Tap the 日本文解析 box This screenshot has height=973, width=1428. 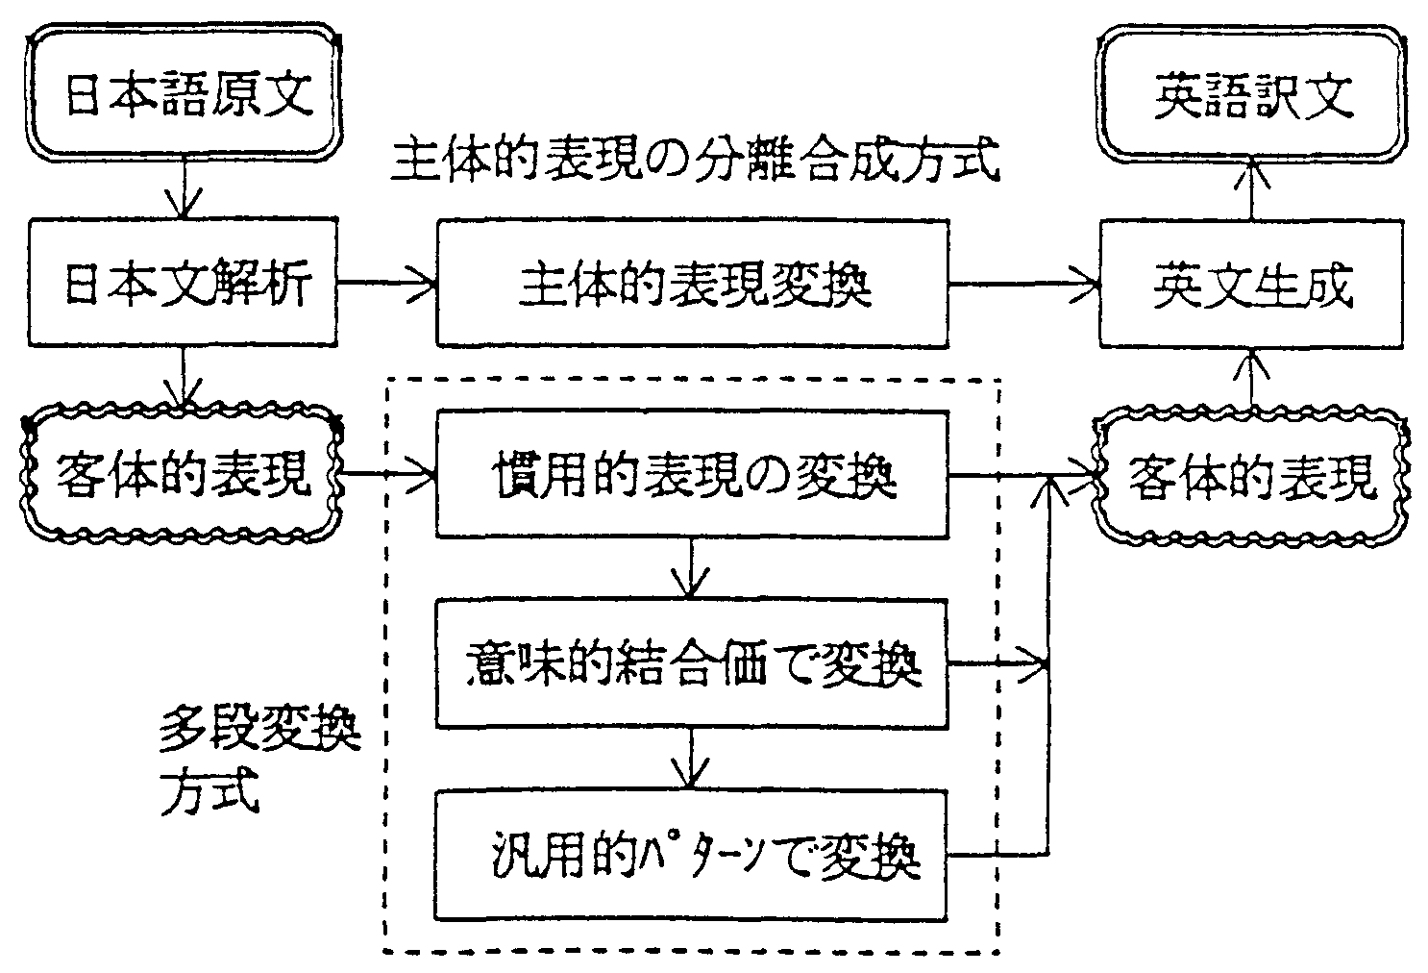click(183, 284)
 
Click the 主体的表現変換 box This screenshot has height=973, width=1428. click(692, 284)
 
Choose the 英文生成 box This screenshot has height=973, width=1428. click(1251, 284)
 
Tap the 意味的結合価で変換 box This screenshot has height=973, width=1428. click(692, 663)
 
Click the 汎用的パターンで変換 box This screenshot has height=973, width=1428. click(692, 854)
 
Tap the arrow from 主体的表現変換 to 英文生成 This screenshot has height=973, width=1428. click(1024, 283)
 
